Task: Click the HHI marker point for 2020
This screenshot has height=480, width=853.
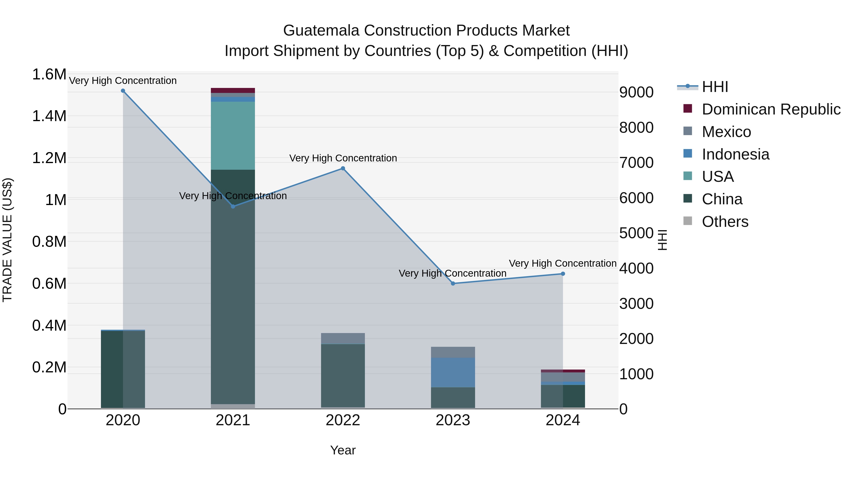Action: click(x=123, y=91)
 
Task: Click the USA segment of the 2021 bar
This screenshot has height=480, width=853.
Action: click(x=233, y=136)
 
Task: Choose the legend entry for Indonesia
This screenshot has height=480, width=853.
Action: click(x=735, y=154)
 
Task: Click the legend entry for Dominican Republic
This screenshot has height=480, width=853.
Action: click(x=771, y=109)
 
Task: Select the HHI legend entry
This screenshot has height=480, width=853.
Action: click(x=715, y=87)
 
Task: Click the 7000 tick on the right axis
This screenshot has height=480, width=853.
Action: click(x=636, y=163)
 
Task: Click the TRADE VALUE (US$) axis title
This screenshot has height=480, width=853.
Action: click(x=7, y=240)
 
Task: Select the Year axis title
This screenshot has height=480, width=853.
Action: click(x=343, y=450)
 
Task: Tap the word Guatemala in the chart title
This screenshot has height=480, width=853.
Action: click(x=321, y=31)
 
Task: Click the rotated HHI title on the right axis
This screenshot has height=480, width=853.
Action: click(x=662, y=240)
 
